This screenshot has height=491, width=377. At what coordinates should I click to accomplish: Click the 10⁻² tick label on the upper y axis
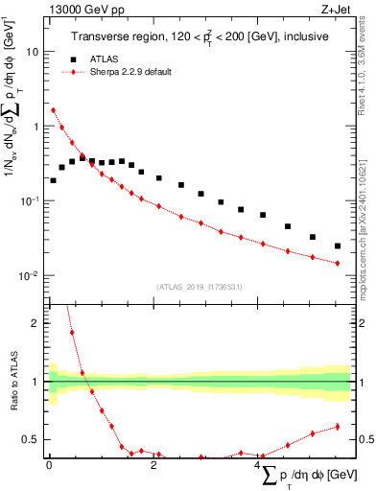[31, 275]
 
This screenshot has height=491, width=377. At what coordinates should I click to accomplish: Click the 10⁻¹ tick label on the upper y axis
[31, 200]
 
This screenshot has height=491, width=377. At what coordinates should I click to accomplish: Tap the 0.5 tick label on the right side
[365, 440]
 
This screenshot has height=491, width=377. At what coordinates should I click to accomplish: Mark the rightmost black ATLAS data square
[337, 246]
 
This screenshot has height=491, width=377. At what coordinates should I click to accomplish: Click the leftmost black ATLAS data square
[53, 180]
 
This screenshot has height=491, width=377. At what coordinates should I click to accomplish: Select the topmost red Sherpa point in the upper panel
[53, 110]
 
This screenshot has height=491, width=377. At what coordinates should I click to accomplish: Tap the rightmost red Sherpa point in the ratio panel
[337, 427]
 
